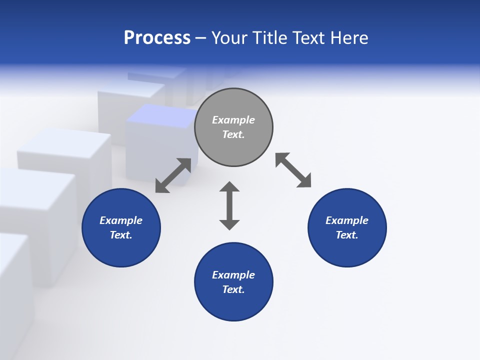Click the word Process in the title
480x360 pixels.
157,38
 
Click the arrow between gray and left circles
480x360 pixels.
173,175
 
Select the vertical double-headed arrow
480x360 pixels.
229,205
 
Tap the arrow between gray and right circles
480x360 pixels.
293,170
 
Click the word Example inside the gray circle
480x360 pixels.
233,120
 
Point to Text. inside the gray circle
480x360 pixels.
233,134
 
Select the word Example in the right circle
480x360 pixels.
347,220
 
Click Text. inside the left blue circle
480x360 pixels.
121,235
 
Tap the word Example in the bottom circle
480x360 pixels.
233,275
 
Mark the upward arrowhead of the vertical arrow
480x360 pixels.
229,187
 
